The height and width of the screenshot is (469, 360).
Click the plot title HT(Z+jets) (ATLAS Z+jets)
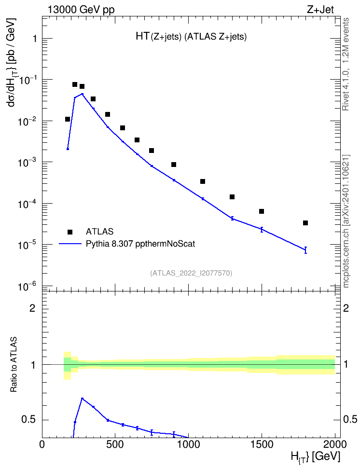191,37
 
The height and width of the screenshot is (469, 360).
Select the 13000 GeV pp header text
81,10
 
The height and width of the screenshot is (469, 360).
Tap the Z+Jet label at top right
320,10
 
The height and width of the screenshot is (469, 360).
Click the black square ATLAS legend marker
70,232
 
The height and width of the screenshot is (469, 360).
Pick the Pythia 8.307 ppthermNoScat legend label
140,244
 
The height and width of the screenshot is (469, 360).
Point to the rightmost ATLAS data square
305,223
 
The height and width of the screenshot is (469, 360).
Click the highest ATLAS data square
75,84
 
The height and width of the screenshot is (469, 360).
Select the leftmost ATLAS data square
68,119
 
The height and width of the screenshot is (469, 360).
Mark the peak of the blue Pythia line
83,94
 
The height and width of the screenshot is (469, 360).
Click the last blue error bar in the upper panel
305,250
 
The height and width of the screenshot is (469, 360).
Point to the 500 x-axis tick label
115,445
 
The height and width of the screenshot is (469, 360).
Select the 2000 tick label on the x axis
335,445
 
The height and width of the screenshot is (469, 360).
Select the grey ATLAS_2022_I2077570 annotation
191,273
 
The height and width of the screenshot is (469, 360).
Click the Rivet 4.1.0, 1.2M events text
346,64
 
